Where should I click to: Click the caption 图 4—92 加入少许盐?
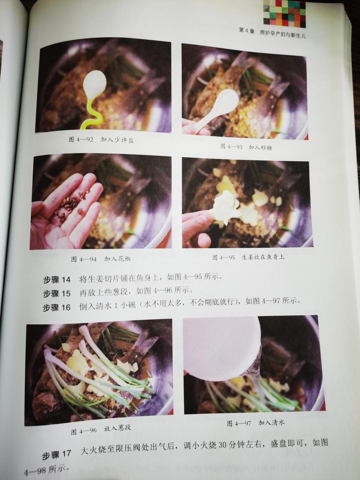[101, 139]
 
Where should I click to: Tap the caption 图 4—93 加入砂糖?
[246, 147]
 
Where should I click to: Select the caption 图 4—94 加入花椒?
[101, 259]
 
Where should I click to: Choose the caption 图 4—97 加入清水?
[256, 423]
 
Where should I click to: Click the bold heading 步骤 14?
[57, 280]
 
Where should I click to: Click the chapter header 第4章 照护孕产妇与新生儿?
[272, 34]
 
